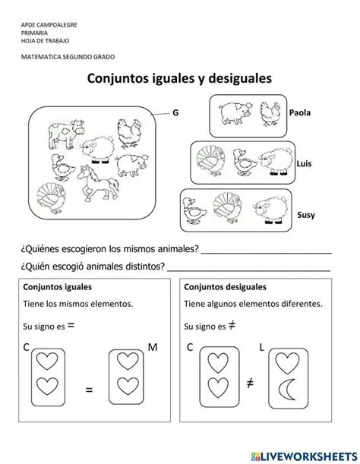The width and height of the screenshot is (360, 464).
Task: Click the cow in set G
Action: pyautogui.click(x=62, y=134)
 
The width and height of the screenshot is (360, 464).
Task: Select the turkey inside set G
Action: pyautogui.click(x=52, y=197)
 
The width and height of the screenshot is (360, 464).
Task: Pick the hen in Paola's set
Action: pyautogui.click(x=270, y=113)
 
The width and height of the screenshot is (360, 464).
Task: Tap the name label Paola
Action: pyautogui.click(x=301, y=112)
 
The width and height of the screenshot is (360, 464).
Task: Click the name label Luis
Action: pyautogui.click(x=304, y=163)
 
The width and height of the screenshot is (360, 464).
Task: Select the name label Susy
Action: pyautogui.click(x=306, y=215)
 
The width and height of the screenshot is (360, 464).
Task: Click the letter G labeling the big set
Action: pyautogui.click(x=175, y=112)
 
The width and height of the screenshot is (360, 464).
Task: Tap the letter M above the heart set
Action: pyautogui.click(x=152, y=347)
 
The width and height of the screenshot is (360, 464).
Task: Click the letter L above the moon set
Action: pyautogui.click(x=261, y=347)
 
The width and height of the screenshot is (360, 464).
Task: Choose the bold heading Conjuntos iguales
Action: pyautogui.click(x=58, y=288)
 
